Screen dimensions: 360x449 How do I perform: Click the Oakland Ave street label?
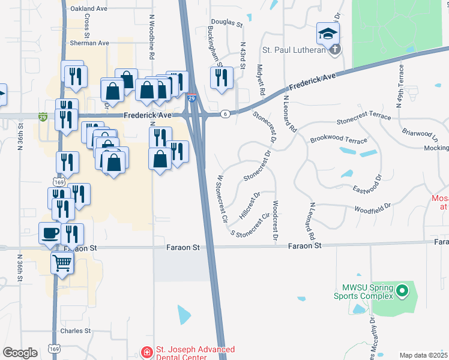coord(89,9)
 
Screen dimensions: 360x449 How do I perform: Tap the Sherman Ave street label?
coord(89,43)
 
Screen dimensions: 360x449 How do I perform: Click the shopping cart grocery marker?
coord(62,262)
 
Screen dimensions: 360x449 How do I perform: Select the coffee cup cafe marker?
coord(50,233)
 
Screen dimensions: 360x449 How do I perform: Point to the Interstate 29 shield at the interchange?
coord(191,98)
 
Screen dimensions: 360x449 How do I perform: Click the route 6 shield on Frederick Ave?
coord(224,113)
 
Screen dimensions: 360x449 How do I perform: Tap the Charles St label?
coord(75,331)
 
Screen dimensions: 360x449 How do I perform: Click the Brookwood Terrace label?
coord(338,140)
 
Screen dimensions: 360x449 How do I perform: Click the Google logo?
coord(20,353)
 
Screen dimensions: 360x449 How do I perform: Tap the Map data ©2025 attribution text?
coord(424,355)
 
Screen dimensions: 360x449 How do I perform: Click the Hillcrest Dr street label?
coord(249,205)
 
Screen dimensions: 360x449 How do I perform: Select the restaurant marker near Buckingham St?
coord(221,77)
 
